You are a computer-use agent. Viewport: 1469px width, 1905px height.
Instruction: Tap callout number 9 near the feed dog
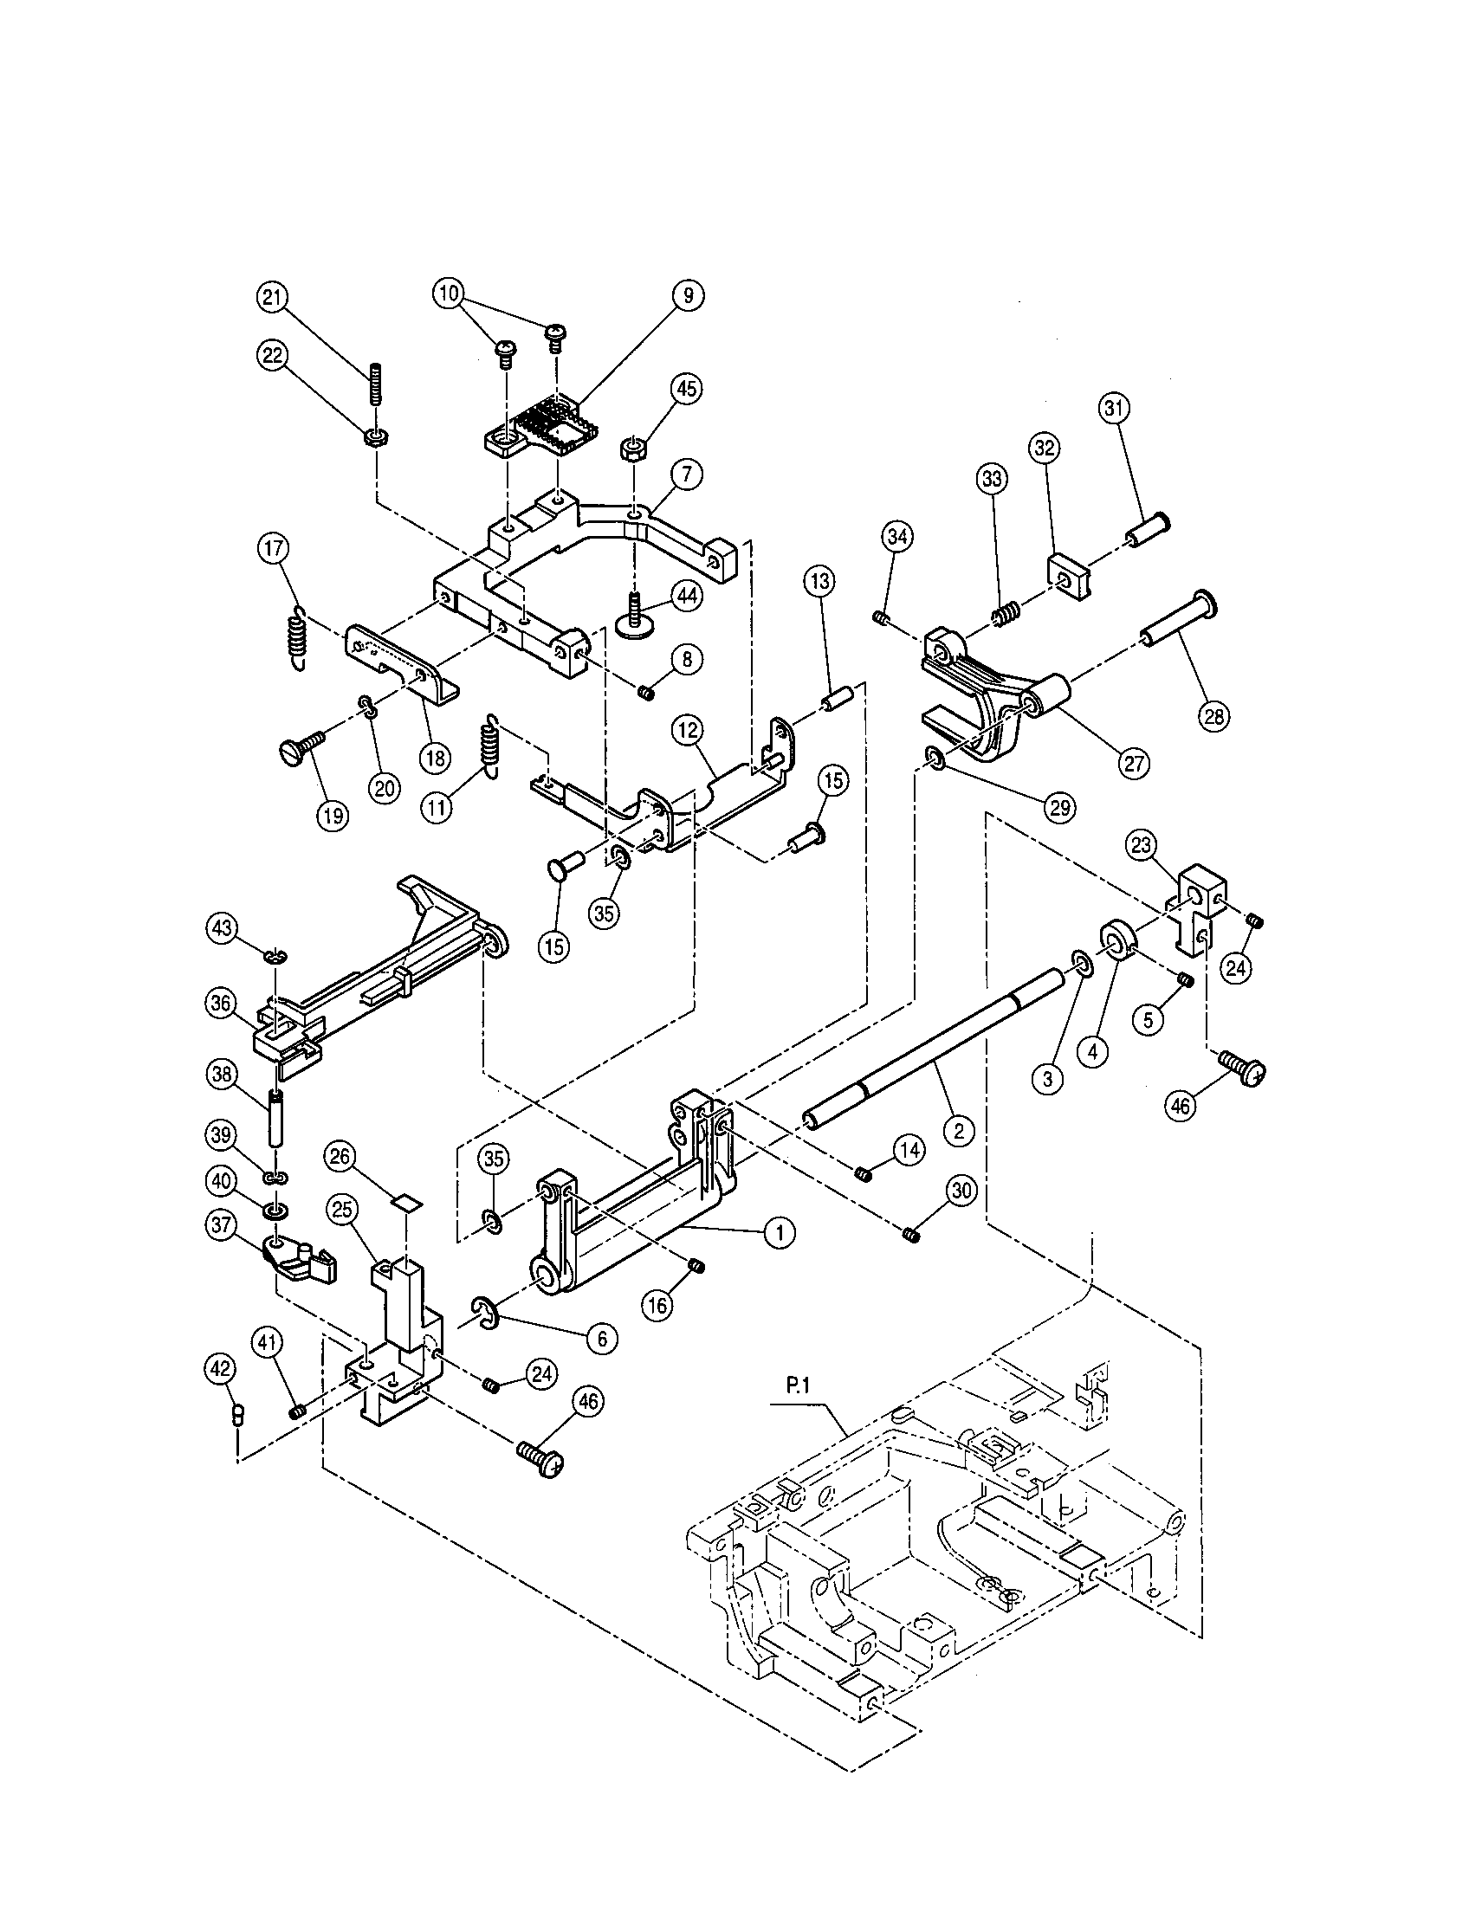point(689,294)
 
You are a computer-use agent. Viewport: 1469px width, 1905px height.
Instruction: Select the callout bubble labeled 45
point(687,389)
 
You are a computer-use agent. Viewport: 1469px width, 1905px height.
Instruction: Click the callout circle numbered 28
point(1213,717)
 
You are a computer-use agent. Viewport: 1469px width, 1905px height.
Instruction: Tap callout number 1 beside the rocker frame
point(780,1231)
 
